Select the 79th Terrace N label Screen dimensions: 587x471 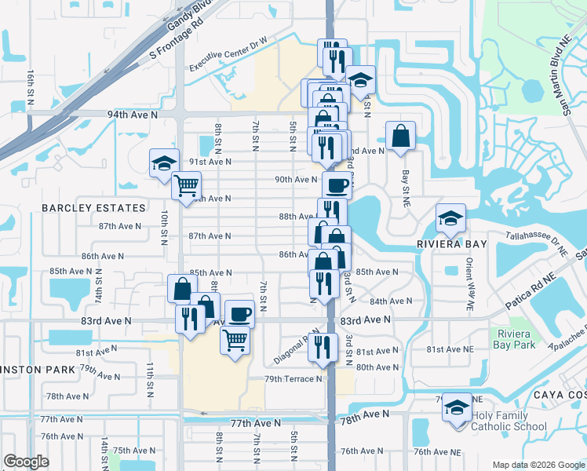tap(293, 379)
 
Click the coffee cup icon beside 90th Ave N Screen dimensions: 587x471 tap(337, 186)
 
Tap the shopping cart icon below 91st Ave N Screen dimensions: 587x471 tap(187, 186)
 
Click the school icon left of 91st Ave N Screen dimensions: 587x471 tap(165, 163)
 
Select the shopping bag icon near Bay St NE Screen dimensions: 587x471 tap(400, 135)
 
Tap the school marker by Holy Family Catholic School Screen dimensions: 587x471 tap(457, 407)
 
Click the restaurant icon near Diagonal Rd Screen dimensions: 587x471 tap(323, 345)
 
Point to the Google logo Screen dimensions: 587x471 tap(26, 461)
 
